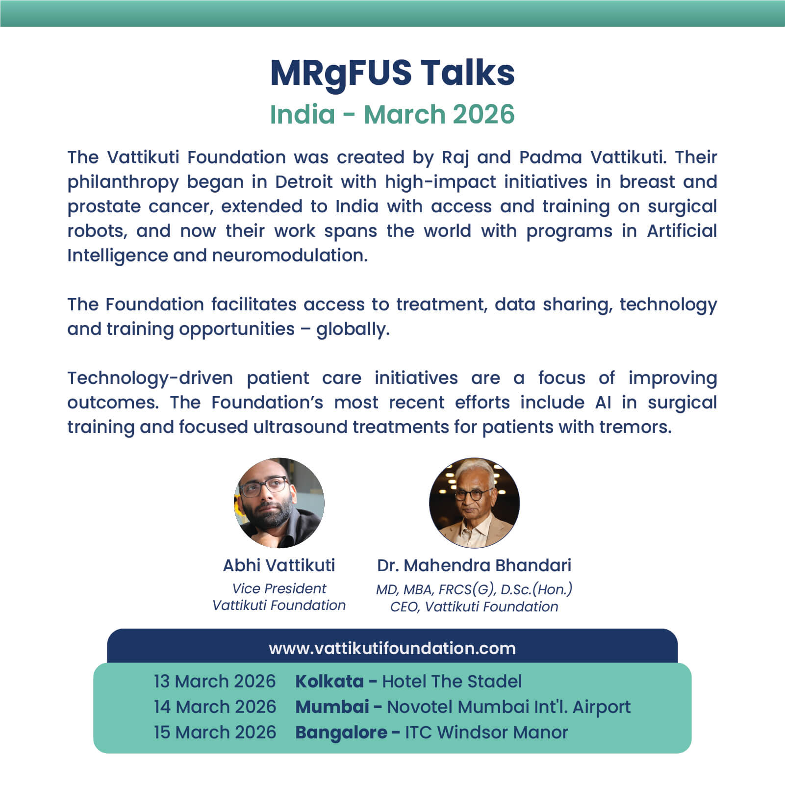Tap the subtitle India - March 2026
(x=392, y=114)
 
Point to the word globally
(x=353, y=329)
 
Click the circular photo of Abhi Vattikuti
(x=279, y=503)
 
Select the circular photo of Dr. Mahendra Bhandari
(x=474, y=503)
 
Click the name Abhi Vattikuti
(x=279, y=565)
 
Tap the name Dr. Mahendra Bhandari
(x=474, y=565)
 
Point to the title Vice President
(x=279, y=588)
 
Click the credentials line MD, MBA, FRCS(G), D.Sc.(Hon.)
(x=474, y=589)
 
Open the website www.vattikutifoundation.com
(x=392, y=648)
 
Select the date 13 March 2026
(x=215, y=681)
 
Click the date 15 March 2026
(x=215, y=732)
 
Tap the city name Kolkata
(x=329, y=681)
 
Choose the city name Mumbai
(x=332, y=707)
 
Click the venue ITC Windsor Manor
(x=486, y=732)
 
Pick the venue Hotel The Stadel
(x=452, y=681)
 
